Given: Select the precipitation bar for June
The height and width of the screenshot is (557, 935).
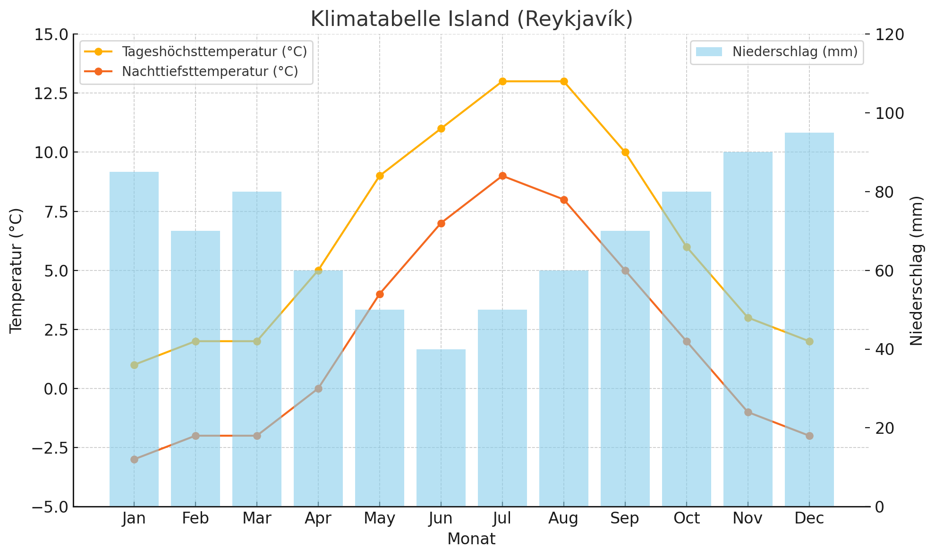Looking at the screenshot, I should point(441,427).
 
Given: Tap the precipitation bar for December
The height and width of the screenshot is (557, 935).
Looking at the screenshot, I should point(809,319).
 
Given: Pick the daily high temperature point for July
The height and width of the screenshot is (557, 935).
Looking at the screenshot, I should point(502,82).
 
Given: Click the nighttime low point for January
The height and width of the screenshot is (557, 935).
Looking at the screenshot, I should point(134,459).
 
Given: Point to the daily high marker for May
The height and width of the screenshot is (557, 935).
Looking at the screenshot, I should point(380,176).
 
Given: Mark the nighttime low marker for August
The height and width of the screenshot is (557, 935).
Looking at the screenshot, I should point(564,200).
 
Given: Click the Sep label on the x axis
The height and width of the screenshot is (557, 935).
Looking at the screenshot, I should point(625,519).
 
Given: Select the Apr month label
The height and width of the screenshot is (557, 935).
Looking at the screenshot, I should point(318,519).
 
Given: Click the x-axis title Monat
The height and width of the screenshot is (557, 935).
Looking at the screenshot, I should point(471,539).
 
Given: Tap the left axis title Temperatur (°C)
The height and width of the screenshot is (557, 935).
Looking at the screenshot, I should point(16,270).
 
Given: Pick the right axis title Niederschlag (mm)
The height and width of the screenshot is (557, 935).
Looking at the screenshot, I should point(916,270).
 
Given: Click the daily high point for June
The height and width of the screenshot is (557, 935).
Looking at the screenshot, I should point(441,128).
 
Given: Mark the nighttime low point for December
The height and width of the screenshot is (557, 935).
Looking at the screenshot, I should point(809,436).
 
